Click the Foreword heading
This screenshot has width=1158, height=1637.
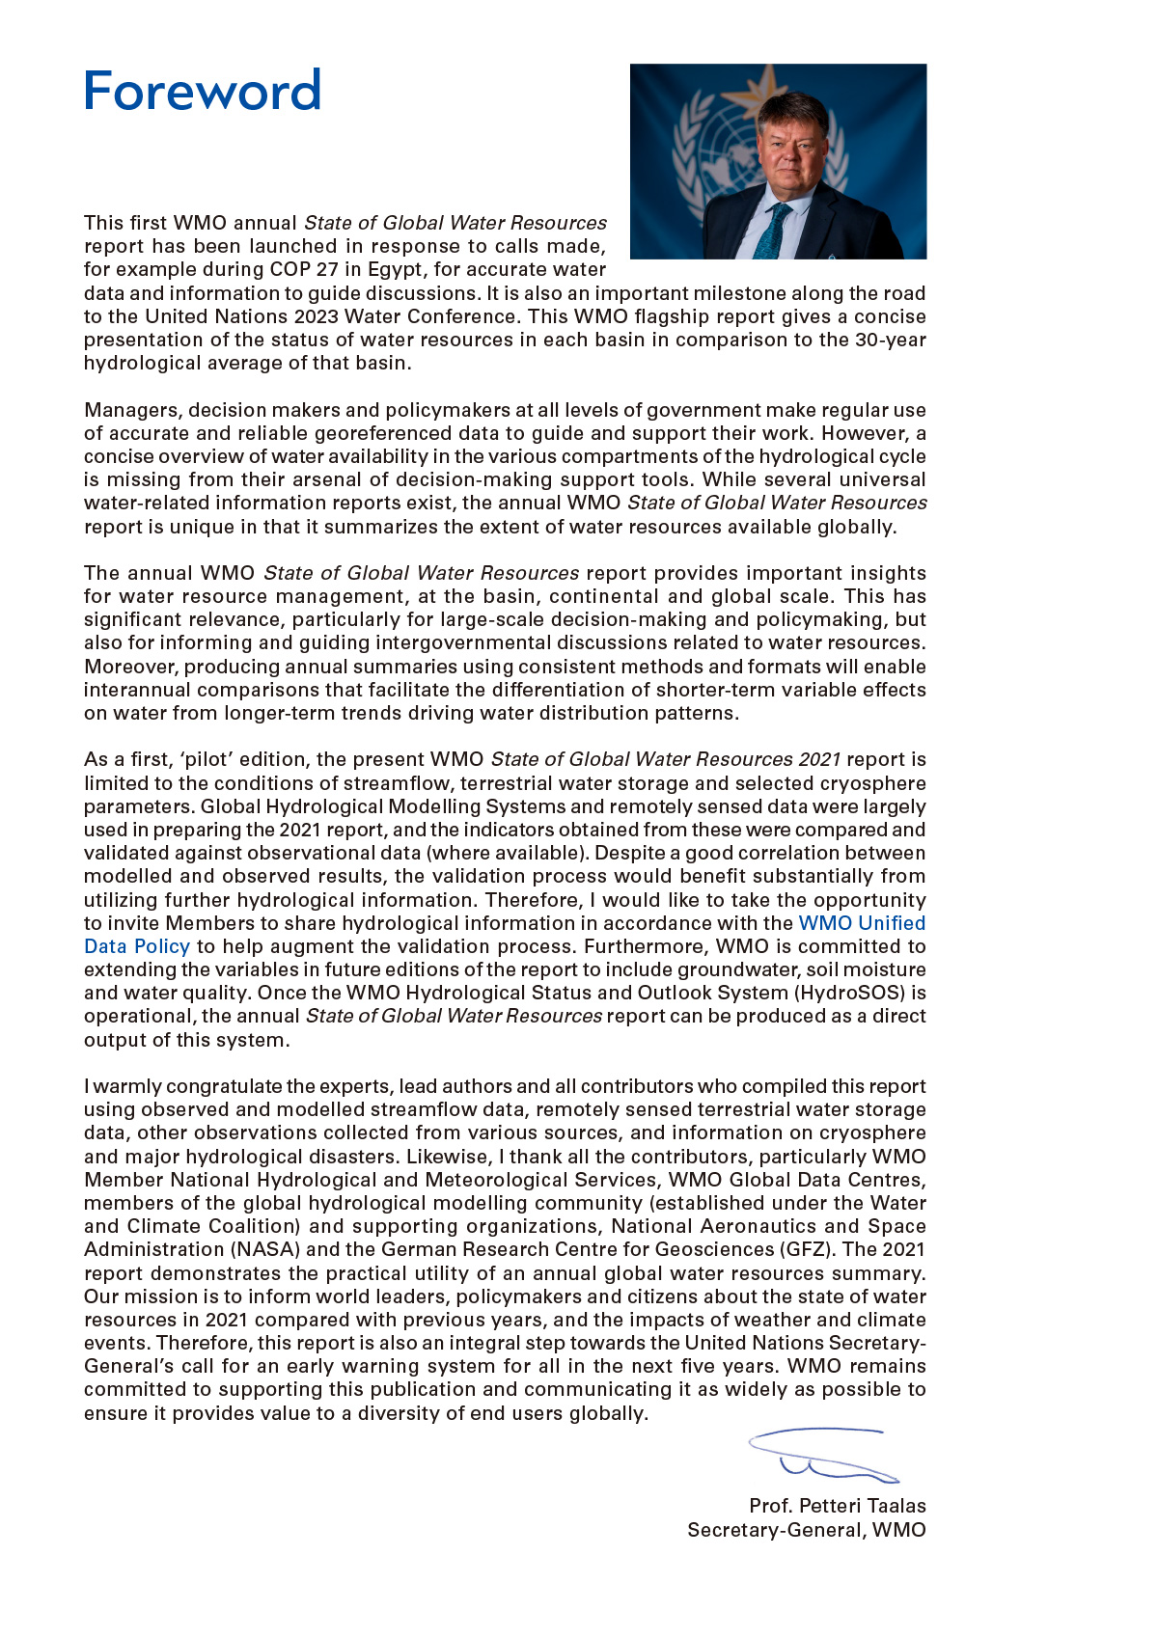(202, 91)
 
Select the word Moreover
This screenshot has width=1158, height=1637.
(131, 667)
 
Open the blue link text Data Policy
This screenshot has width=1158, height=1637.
(136, 946)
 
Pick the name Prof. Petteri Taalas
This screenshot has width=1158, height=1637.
(837, 1506)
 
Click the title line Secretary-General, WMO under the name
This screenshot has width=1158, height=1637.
(806, 1530)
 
